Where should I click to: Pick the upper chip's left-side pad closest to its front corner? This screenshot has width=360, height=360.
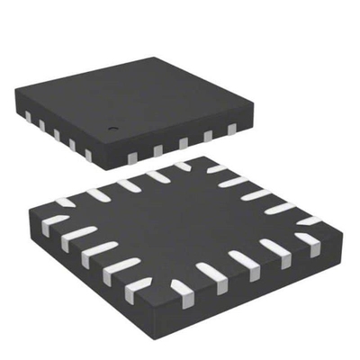(86, 155)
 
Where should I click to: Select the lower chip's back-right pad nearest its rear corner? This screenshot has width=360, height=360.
(214, 168)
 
